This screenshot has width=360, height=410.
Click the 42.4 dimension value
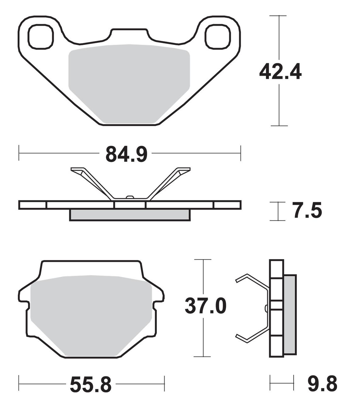[280, 73]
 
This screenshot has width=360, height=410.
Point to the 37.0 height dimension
[205, 306]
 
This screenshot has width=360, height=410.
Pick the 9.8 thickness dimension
[322, 384]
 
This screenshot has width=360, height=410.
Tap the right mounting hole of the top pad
[218, 37]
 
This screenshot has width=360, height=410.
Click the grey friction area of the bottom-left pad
[91, 314]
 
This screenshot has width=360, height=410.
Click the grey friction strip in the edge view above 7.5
[129, 215]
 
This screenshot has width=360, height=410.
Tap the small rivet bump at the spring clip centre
[130, 197]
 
